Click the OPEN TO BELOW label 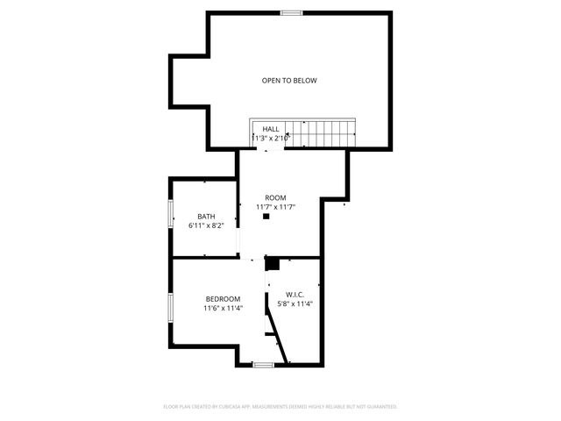click(x=288, y=81)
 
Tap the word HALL click(x=271, y=129)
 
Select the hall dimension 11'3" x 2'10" click(x=271, y=138)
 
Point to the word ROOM click(x=275, y=197)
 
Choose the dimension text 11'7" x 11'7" click(x=275, y=207)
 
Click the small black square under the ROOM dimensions click(x=266, y=216)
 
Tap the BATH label click(x=206, y=216)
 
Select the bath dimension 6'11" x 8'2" click(x=206, y=225)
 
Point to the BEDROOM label click(x=223, y=299)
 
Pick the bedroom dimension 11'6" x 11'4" click(x=223, y=308)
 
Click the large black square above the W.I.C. click(x=272, y=263)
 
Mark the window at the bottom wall click(x=264, y=364)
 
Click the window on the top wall click(x=291, y=12)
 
